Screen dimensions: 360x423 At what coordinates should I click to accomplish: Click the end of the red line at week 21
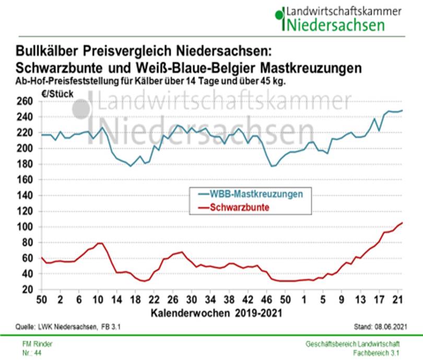402,223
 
